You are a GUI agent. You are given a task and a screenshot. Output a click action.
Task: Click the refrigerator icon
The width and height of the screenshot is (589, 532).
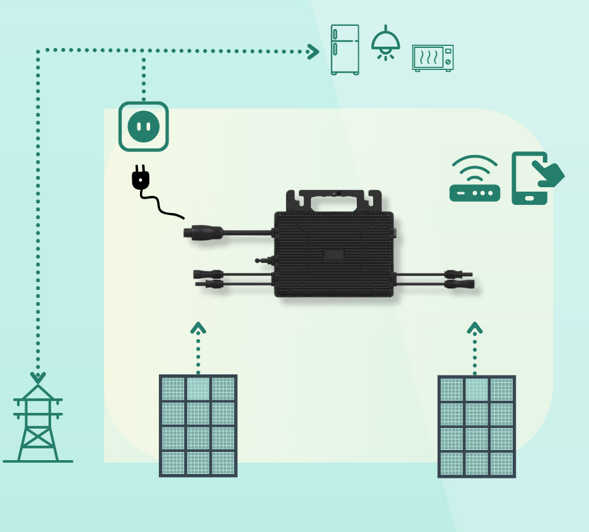click(x=345, y=49)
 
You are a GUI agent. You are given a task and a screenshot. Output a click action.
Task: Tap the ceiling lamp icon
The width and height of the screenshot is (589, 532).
click(x=385, y=43)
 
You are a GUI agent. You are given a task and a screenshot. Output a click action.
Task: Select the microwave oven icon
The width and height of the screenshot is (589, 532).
click(x=433, y=57)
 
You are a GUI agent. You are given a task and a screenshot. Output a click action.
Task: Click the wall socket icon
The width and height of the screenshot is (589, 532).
click(x=144, y=127)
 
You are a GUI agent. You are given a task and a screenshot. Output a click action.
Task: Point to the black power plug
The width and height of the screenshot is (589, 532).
click(x=141, y=178)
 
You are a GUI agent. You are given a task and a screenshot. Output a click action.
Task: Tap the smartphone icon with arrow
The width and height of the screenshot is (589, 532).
click(x=529, y=178)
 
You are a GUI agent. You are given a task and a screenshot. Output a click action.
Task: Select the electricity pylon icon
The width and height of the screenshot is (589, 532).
click(x=38, y=422)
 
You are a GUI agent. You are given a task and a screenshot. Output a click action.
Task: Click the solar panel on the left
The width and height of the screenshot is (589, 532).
click(x=198, y=425)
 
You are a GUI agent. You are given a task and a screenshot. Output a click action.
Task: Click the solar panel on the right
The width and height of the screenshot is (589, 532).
click(x=477, y=426)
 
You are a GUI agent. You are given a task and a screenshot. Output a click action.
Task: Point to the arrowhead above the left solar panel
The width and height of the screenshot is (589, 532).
click(x=198, y=328)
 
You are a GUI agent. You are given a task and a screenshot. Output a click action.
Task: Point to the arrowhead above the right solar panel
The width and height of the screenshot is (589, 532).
click(x=475, y=328)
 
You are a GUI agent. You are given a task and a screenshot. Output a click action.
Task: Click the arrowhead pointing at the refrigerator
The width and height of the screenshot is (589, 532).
click(x=313, y=51)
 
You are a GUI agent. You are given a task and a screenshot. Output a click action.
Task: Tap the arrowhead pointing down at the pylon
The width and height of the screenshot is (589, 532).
click(x=38, y=378)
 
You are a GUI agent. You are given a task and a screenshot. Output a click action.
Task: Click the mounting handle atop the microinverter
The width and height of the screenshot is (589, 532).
click(x=334, y=200)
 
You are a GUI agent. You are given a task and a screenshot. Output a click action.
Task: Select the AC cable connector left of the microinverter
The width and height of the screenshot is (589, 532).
click(x=202, y=233)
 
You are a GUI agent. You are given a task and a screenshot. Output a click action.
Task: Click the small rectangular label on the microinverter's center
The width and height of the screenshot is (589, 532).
click(x=334, y=255)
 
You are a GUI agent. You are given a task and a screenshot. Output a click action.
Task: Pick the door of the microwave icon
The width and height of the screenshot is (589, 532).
click(x=428, y=58)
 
